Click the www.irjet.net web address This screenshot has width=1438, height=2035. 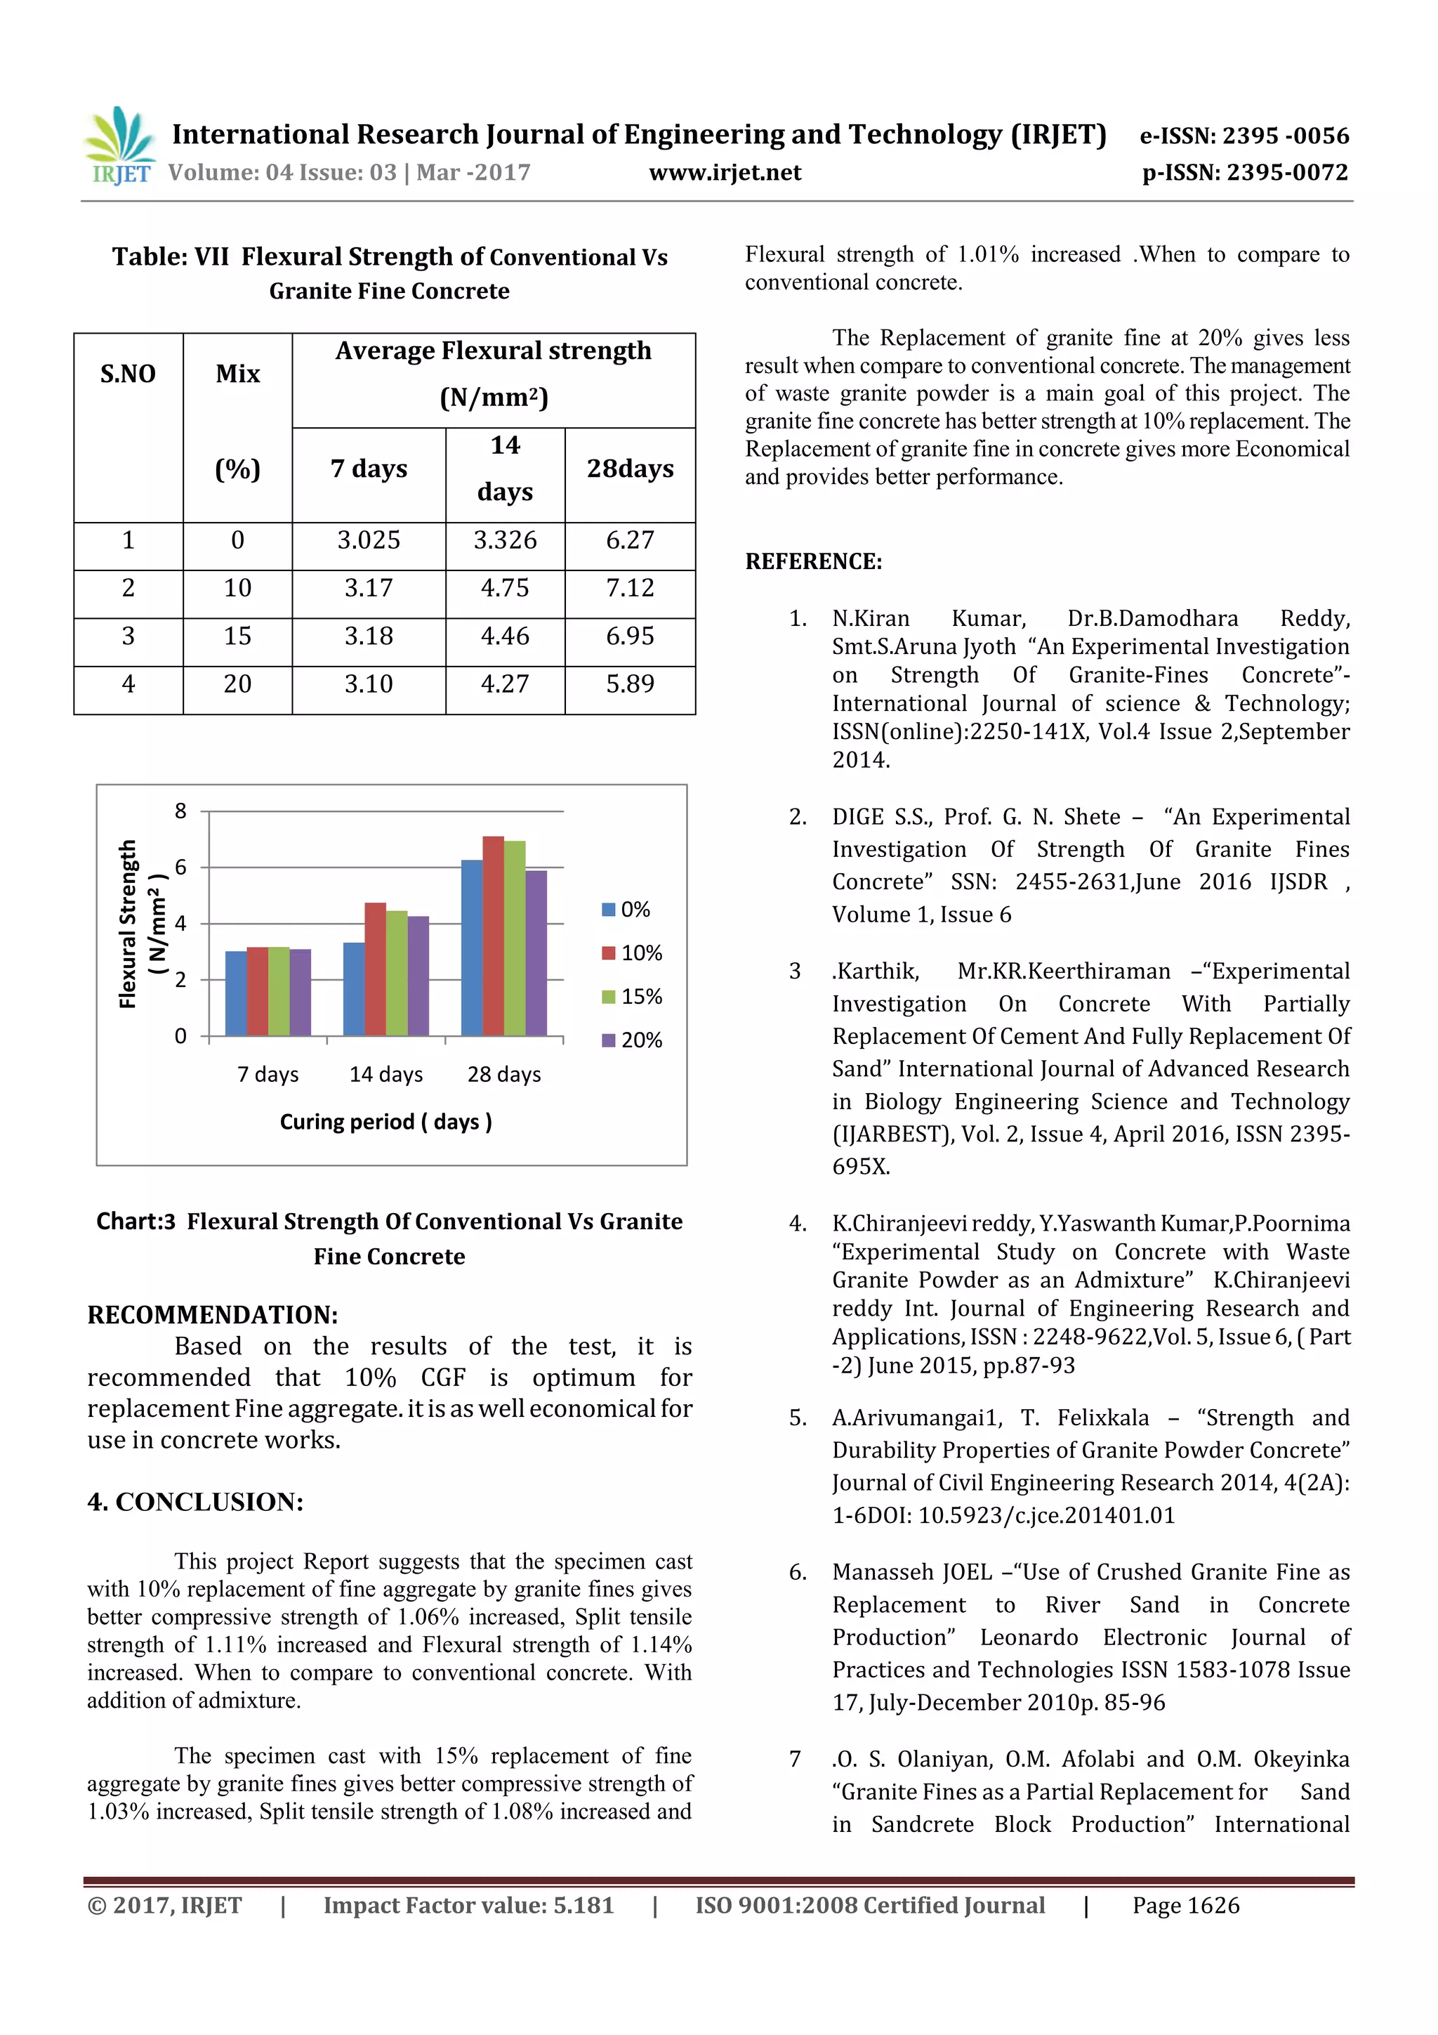pos(725,173)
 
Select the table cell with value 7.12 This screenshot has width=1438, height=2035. pos(630,588)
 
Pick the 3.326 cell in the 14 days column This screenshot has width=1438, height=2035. pos(505,539)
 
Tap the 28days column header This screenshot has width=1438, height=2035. pos(630,469)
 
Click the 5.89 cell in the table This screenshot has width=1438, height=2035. pos(630,683)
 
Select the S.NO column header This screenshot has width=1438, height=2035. pos(128,374)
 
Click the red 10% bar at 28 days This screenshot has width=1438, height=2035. pos(493,935)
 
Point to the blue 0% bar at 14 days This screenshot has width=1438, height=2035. pos(353,988)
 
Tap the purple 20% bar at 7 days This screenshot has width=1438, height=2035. pos(301,992)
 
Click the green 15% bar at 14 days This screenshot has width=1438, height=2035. pos(396,972)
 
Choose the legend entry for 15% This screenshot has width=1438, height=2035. pos(633,996)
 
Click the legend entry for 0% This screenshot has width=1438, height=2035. pos(626,910)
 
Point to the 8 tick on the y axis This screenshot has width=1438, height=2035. pos(180,811)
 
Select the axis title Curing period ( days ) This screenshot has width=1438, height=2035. pos(385,1122)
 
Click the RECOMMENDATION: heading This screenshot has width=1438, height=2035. pos(212,1314)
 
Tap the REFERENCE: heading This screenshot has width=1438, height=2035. pos(812,562)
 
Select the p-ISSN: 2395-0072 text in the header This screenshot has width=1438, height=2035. pos(1244,173)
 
